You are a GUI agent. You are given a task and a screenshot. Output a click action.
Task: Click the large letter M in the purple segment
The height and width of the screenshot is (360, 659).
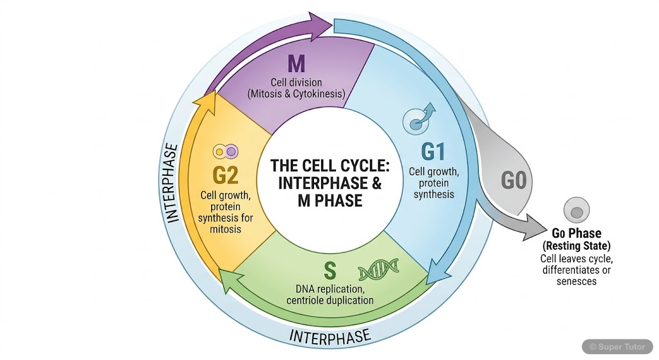[296, 64]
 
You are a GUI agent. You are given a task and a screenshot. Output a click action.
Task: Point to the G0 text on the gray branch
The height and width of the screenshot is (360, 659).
[514, 181]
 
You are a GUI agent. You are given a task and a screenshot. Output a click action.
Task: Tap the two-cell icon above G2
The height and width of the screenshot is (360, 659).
[226, 152]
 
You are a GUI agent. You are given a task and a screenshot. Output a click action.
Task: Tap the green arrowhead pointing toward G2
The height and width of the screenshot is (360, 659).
[228, 278]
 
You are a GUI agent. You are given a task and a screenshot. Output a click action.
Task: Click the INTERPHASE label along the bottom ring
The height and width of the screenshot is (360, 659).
[329, 336]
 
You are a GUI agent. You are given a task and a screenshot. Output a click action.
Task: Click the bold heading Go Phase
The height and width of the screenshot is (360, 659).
[577, 233]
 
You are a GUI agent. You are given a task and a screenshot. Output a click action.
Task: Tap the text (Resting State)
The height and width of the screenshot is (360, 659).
[577, 246]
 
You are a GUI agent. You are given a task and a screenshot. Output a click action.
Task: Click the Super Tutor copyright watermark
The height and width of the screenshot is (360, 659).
[618, 346]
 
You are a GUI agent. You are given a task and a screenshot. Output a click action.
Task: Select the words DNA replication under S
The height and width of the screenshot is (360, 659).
[329, 288]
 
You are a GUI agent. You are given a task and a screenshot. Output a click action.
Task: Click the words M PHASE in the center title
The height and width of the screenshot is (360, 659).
[329, 200]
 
